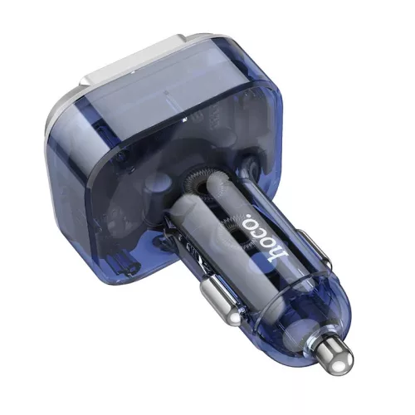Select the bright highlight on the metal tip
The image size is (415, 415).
coord(339,365)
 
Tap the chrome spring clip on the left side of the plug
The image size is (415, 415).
coord(219,300)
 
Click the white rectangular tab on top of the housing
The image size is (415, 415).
coord(133,61)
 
